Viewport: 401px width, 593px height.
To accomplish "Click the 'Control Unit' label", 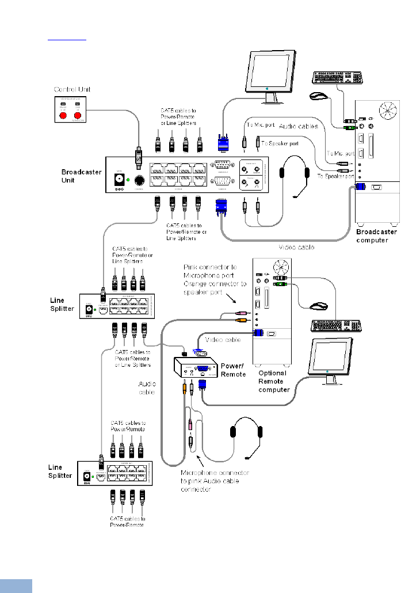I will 72,89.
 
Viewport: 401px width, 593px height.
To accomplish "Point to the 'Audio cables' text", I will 298,125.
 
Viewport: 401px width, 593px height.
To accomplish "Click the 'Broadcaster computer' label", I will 377,235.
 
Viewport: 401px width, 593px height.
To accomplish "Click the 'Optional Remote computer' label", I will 273,381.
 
